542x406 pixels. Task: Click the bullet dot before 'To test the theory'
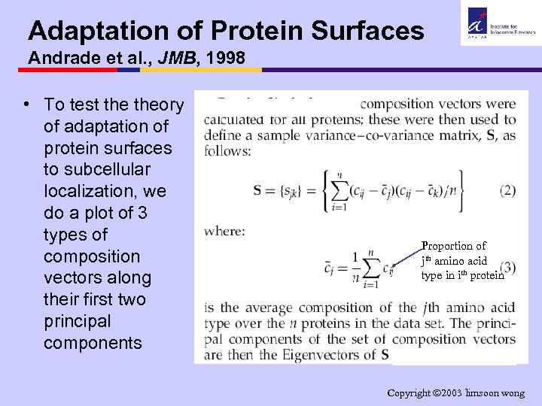[x=26, y=105]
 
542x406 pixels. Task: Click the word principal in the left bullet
[x=77, y=321]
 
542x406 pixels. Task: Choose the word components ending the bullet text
[x=93, y=343]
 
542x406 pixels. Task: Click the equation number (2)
[x=507, y=190]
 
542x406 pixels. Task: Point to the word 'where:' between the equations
[x=224, y=231]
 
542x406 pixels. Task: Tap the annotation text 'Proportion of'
[x=453, y=246]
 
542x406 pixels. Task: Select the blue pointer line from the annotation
[x=406, y=257]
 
